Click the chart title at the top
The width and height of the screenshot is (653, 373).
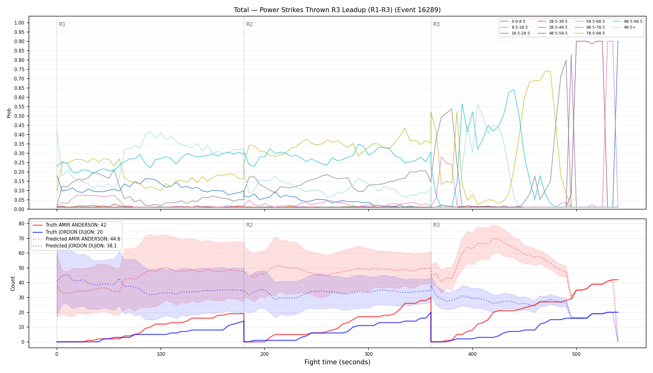point(337,10)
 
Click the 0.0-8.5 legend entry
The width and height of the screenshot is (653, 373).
point(513,21)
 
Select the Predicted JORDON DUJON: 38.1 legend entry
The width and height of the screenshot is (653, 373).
point(76,246)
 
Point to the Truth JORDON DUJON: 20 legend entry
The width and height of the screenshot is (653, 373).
point(68,232)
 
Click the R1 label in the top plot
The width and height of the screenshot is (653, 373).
point(62,24)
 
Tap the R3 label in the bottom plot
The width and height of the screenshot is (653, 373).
point(436,225)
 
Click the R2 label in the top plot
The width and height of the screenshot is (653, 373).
point(249,24)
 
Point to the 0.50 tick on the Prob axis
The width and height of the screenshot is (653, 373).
point(19,116)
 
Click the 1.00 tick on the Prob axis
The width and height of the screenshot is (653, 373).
point(19,23)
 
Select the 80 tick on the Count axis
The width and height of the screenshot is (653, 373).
point(21,223)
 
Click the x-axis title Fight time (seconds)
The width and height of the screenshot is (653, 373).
point(337,362)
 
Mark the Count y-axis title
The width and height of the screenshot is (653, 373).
point(13,283)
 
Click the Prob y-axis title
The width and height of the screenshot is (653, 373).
point(9,113)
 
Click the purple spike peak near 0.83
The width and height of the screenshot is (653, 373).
point(571,54)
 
